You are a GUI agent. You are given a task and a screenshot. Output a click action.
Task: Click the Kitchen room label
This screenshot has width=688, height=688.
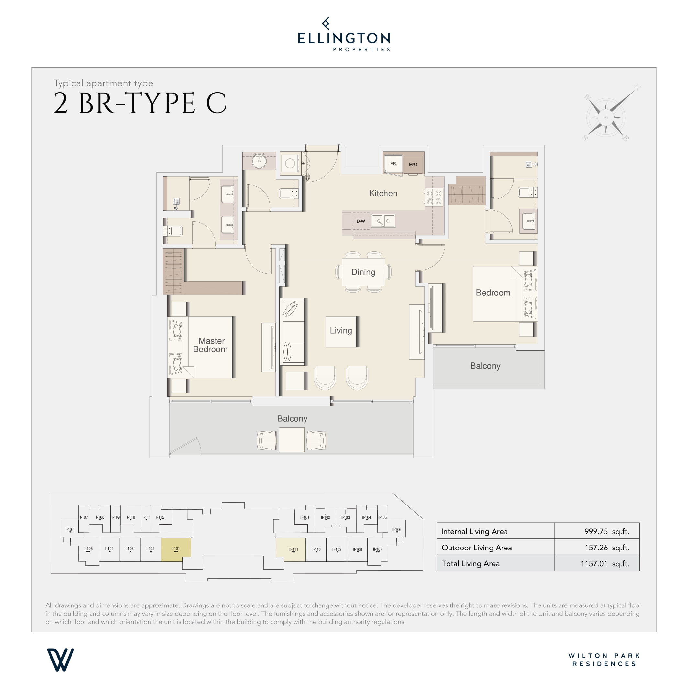click(383, 194)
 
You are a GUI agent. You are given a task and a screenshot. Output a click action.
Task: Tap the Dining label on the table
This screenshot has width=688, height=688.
click(363, 272)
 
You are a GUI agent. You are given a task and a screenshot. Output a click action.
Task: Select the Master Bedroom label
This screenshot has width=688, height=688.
click(210, 345)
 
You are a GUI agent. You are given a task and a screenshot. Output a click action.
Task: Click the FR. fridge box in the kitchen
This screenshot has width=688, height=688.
click(393, 164)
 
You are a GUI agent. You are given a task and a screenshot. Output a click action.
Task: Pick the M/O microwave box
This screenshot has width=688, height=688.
click(413, 164)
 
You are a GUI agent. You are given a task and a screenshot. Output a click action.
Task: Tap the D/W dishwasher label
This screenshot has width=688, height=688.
click(361, 221)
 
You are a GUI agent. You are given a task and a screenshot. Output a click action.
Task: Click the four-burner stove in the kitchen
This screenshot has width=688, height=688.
click(434, 197)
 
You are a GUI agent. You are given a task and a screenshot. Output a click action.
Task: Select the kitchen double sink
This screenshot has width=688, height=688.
click(383, 221)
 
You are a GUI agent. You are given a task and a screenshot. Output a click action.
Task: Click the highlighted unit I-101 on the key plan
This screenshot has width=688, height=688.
click(176, 549)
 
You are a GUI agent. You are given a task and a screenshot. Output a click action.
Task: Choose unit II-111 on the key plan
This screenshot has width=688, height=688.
click(291, 549)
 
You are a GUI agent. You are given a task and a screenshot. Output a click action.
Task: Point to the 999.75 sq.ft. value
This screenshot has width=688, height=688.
click(606, 531)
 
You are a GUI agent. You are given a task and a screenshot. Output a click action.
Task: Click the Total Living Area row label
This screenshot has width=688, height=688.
click(471, 563)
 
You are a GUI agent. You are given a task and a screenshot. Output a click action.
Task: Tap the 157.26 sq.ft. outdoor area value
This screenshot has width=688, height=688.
click(606, 547)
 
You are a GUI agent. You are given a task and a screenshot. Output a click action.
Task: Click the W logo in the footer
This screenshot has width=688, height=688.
click(60, 660)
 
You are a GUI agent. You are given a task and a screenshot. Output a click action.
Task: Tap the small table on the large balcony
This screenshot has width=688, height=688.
click(291, 440)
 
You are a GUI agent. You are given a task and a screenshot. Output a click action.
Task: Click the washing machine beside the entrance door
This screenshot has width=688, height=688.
click(290, 163)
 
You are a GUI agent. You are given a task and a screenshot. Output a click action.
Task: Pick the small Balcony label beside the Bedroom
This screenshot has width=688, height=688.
click(485, 366)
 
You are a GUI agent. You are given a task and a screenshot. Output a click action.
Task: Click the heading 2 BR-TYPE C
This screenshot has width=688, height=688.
click(140, 104)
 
